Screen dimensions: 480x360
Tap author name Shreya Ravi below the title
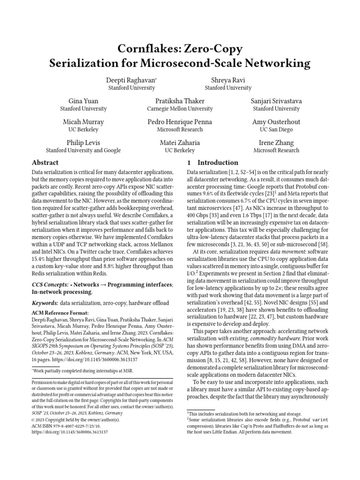(228, 80)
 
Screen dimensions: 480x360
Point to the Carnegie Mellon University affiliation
(180, 109)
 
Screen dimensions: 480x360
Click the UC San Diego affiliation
(276, 129)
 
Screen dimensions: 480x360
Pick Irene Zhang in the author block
(276, 142)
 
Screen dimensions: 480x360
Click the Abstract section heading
(45, 163)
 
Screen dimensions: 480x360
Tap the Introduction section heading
(218, 163)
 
